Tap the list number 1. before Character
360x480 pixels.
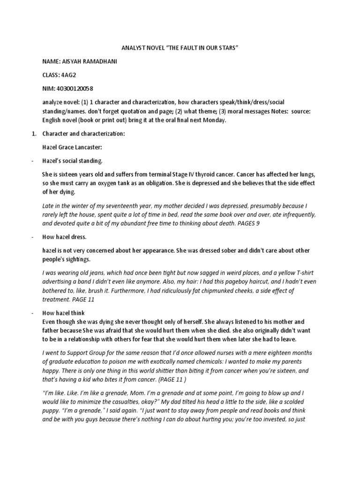click(x=34, y=134)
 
